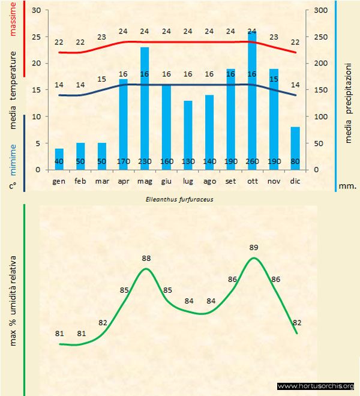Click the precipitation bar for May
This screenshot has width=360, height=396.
145,108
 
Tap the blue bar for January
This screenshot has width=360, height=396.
59,159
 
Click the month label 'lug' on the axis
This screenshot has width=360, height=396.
188,181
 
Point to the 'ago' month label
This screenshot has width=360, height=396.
209,181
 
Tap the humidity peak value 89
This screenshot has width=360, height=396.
254,247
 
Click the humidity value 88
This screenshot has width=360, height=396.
146,259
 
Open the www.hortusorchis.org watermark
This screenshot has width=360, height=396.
316,386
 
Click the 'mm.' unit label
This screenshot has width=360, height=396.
348,186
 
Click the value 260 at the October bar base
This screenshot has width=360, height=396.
252,161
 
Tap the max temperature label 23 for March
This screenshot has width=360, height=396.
101,37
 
